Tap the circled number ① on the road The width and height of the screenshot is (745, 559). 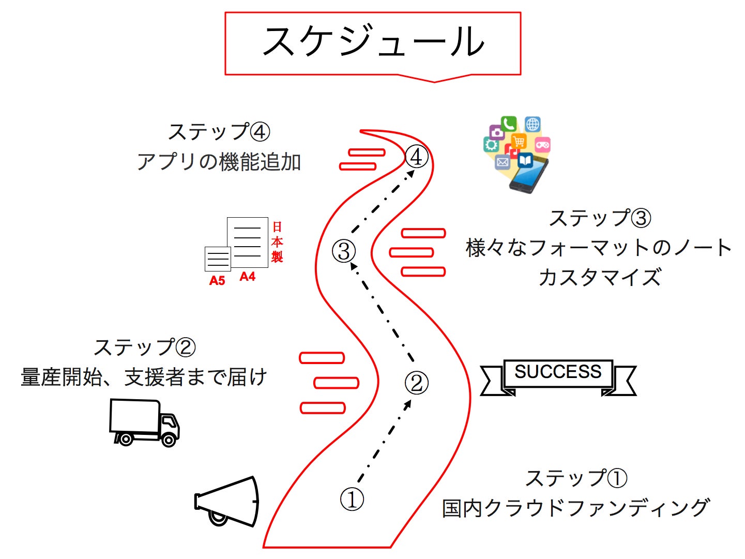tap(352, 500)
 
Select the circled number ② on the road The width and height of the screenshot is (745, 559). tap(416, 383)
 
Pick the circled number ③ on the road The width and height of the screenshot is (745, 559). tap(344, 251)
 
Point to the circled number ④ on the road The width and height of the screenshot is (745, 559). tap(417, 157)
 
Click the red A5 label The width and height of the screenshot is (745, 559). tap(217, 281)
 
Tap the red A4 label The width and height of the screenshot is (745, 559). tap(248, 277)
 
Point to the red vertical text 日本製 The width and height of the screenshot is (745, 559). tap(277, 242)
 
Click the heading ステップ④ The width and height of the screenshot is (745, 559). tap(219, 132)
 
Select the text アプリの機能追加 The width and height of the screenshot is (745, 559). tap(219, 162)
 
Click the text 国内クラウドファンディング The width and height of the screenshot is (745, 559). tap(576, 508)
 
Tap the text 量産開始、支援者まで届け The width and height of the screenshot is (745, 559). tap(144, 377)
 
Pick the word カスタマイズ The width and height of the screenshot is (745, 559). tap(600, 278)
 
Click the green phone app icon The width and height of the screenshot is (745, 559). tap(509, 124)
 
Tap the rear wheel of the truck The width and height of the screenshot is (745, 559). tap(124, 439)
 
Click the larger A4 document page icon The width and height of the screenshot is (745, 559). tap(248, 242)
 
